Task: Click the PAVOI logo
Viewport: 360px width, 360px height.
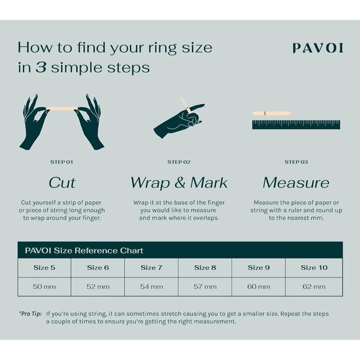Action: click(318, 48)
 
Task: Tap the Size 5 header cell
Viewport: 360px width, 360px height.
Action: click(44, 268)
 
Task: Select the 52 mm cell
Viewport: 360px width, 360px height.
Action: click(98, 287)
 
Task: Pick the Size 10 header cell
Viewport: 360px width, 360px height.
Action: click(314, 268)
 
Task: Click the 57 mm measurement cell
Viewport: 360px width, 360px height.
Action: click(205, 287)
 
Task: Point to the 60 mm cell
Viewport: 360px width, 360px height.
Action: click(259, 287)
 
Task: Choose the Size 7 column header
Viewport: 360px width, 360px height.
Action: click(151, 268)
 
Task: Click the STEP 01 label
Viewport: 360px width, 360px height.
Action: click(62, 162)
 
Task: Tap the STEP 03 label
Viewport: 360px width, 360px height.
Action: click(296, 162)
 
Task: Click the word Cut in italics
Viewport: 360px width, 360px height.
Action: click(62, 183)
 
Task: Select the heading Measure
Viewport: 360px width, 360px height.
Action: click(296, 183)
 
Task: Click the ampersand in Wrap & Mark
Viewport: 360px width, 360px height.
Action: click(180, 183)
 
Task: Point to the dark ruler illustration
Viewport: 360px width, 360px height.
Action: click(296, 124)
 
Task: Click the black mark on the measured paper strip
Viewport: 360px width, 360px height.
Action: click(265, 113)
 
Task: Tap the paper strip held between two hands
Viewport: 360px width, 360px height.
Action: click(62, 108)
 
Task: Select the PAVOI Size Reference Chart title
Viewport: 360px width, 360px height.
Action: click(84, 251)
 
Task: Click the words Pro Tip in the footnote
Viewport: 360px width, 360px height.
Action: click(30, 314)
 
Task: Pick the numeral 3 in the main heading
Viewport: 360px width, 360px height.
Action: click(41, 68)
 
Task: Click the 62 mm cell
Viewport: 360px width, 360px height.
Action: click(314, 287)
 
